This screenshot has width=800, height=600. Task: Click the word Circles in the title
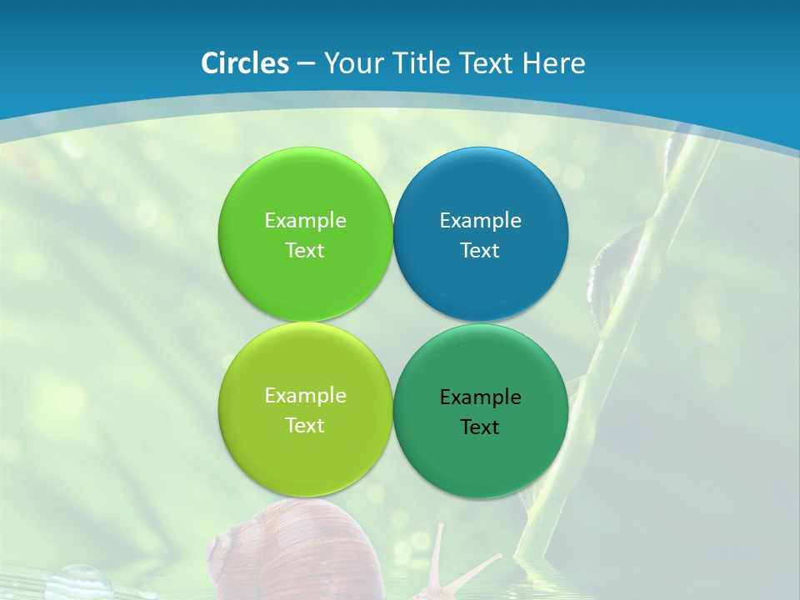tap(245, 63)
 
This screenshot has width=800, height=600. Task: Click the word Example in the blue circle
tap(481, 221)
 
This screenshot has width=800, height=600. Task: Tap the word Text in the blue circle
tap(480, 251)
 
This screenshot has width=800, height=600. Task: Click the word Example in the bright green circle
tap(305, 221)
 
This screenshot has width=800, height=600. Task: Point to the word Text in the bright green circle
tap(305, 251)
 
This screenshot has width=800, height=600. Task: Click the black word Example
tap(481, 397)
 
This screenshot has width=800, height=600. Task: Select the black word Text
tap(480, 427)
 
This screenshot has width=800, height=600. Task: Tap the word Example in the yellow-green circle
tap(305, 396)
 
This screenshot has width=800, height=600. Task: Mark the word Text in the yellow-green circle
tap(305, 426)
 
